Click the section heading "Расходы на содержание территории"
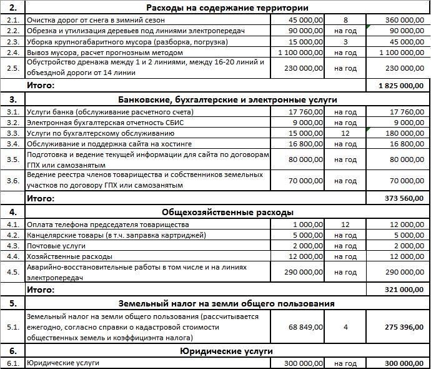(x=227, y=8)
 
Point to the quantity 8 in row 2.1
(x=345, y=20)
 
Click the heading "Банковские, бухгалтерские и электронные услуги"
(x=227, y=99)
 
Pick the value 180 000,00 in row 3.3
(x=405, y=133)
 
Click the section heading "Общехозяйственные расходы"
(x=227, y=212)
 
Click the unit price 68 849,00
(x=306, y=326)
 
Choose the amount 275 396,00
(x=405, y=326)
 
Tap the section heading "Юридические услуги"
(x=227, y=351)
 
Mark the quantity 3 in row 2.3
(x=345, y=41)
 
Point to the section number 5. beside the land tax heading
(x=12, y=303)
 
